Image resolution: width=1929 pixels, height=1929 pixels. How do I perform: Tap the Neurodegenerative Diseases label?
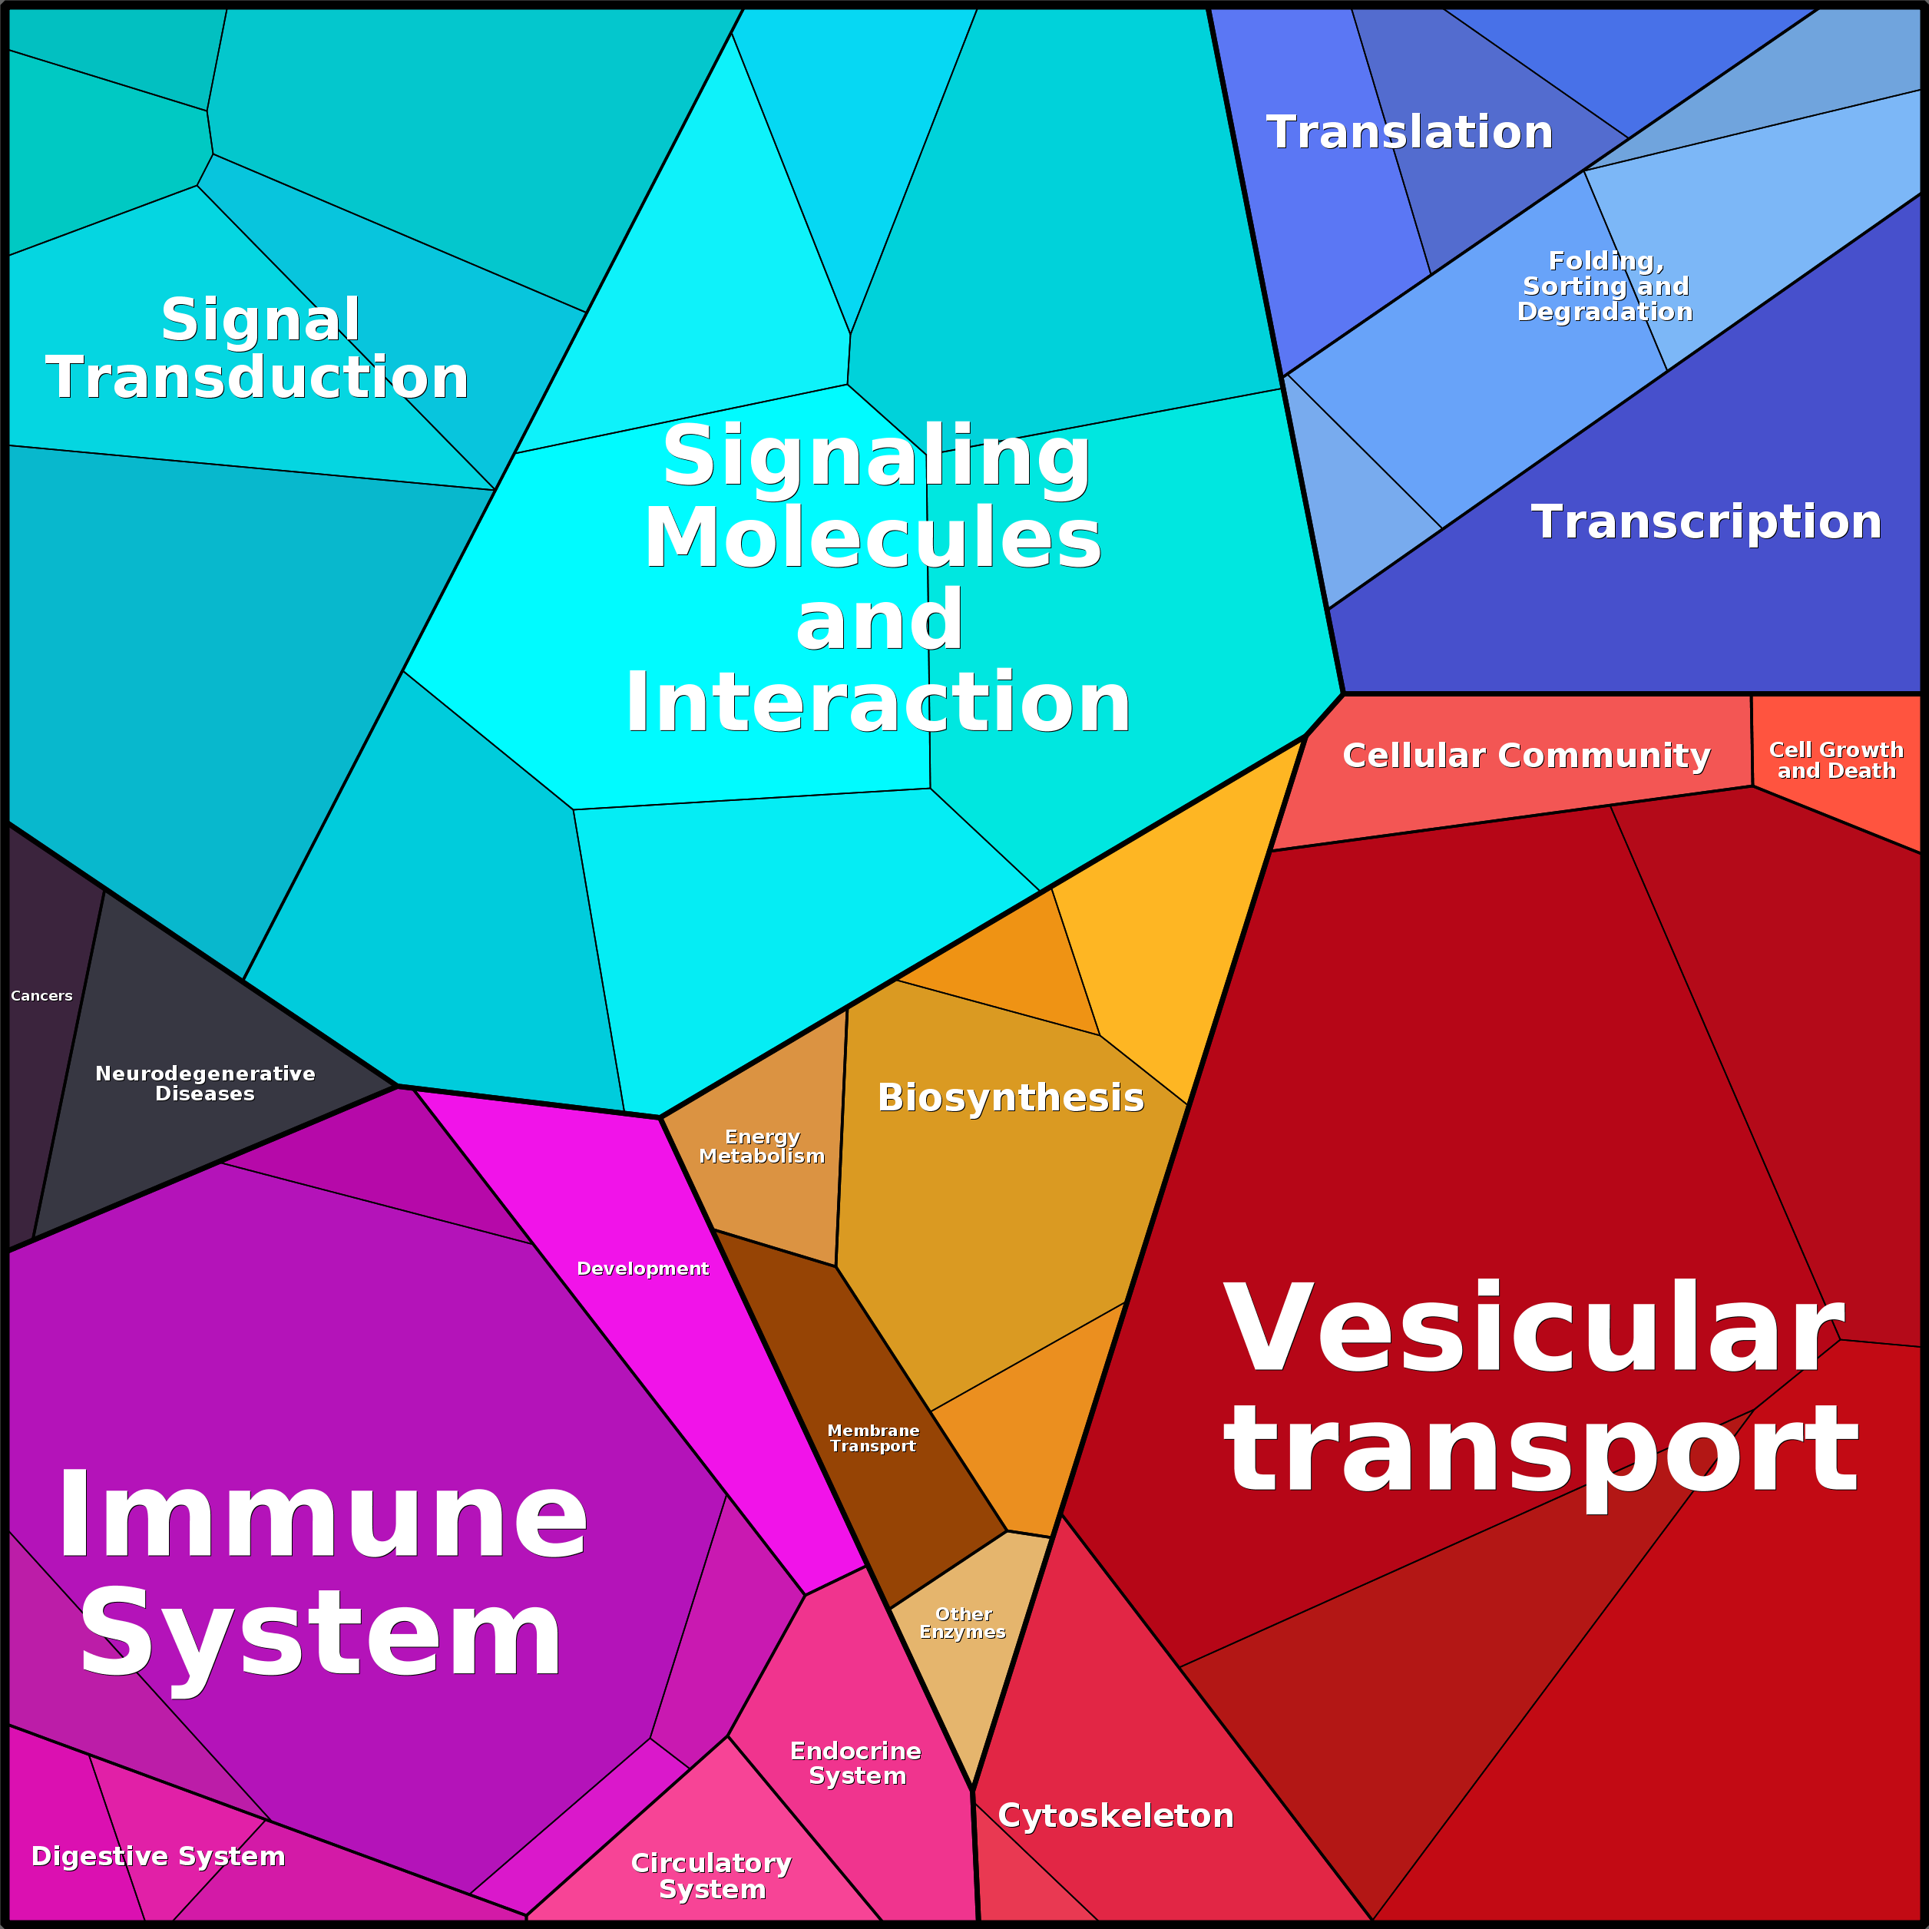tap(205, 1084)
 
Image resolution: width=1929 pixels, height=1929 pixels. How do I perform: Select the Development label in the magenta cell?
tap(642, 1268)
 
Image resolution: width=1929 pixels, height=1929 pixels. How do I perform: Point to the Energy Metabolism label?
tap(762, 1146)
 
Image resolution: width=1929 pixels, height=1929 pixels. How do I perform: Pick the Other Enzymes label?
tap(962, 1623)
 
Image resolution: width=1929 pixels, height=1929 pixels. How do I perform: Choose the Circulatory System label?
tap(712, 1875)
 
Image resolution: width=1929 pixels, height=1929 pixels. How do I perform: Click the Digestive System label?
tap(157, 1856)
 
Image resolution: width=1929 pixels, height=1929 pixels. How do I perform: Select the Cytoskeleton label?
tap(1115, 1815)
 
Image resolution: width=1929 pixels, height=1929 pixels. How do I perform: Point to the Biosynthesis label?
tap(1011, 1097)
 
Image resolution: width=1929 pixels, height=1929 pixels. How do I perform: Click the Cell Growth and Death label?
tap(1836, 759)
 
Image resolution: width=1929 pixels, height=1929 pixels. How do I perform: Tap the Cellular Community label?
tap(1526, 755)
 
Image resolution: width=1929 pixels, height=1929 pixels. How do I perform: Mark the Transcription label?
tap(1706, 522)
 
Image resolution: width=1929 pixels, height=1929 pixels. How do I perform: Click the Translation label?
tap(1409, 132)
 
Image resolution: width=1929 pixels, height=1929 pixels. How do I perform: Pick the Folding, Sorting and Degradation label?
tap(1604, 286)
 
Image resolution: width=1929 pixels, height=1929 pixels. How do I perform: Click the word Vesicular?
tap(1533, 1330)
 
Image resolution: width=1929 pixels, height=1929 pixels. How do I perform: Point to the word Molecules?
tap(872, 538)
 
